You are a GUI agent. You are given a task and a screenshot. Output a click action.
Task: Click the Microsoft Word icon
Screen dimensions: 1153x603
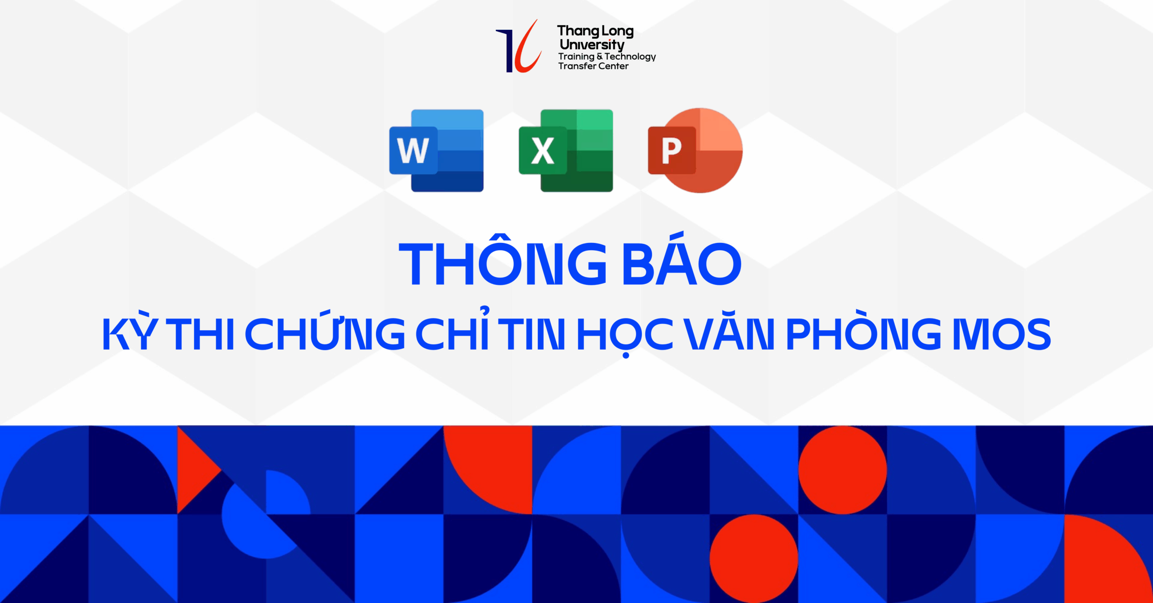pyautogui.click(x=436, y=150)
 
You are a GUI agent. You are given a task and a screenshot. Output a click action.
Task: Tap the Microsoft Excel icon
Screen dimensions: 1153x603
pyautogui.click(x=566, y=150)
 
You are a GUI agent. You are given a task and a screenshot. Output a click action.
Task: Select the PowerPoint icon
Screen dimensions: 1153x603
pyautogui.click(x=695, y=150)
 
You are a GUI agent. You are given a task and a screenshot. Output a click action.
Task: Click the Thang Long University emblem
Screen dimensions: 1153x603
pyautogui.click(x=519, y=46)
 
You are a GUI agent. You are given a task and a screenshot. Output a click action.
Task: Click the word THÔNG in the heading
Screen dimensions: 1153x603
pyautogui.click(x=503, y=260)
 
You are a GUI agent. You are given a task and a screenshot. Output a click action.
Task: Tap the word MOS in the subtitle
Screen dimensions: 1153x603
pyautogui.click(x=1002, y=333)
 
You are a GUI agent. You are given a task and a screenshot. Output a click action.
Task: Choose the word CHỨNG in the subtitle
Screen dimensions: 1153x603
pyautogui.click(x=325, y=330)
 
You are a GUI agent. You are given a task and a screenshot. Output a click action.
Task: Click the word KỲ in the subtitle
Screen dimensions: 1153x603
pyautogui.click(x=130, y=330)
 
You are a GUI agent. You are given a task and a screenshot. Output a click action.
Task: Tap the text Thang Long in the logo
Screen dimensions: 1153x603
pyautogui.click(x=595, y=31)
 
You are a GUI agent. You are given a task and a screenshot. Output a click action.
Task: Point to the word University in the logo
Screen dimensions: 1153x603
pyautogui.click(x=592, y=45)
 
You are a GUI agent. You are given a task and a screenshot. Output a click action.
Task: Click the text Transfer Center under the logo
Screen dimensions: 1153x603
pyautogui.click(x=593, y=66)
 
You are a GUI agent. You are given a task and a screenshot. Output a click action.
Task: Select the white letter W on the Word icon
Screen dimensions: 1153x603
pyautogui.click(x=413, y=150)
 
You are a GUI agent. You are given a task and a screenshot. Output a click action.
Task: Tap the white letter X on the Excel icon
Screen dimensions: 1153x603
pyautogui.click(x=543, y=151)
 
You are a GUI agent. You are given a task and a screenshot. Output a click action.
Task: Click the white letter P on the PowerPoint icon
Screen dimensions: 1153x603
pyautogui.click(x=671, y=151)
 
